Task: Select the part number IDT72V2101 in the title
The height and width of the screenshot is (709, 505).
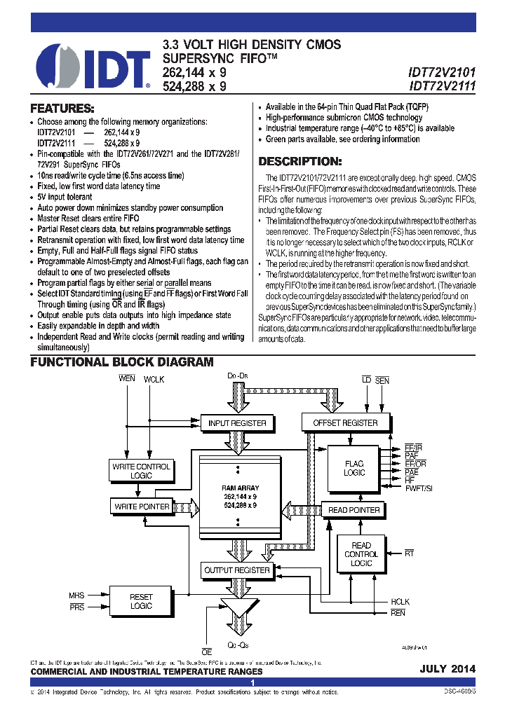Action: coord(442,72)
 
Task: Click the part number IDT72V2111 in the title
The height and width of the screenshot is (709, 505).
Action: coord(442,87)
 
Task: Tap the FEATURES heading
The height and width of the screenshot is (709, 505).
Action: coord(62,109)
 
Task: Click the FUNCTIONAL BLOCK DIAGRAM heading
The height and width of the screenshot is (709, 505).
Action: coord(121,362)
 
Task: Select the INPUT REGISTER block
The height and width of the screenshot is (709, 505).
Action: coord(237,423)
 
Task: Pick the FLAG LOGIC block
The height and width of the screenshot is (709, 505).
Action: coord(354,468)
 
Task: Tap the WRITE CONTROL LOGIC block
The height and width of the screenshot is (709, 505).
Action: coord(141,471)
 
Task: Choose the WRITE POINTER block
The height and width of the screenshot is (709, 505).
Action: coord(141,506)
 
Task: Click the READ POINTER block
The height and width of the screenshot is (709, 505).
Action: coord(354,510)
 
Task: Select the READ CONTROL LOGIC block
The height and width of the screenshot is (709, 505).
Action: coord(361,554)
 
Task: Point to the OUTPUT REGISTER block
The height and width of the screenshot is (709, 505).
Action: coord(237,570)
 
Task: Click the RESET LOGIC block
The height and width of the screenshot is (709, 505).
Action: coord(141,601)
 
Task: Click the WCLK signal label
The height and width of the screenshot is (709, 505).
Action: coord(154,380)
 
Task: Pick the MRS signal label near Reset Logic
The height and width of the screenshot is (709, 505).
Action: coord(76,596)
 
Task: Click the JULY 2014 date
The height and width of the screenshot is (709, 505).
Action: coord(447,669)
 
